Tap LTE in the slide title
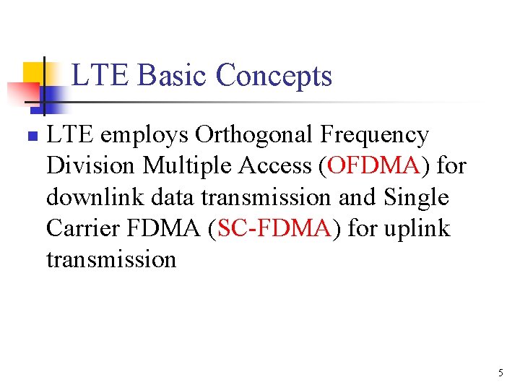point(100,76)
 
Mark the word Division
point(90,167)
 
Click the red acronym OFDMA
point(373,167)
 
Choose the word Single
point(416,198)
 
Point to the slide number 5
point(500,373)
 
